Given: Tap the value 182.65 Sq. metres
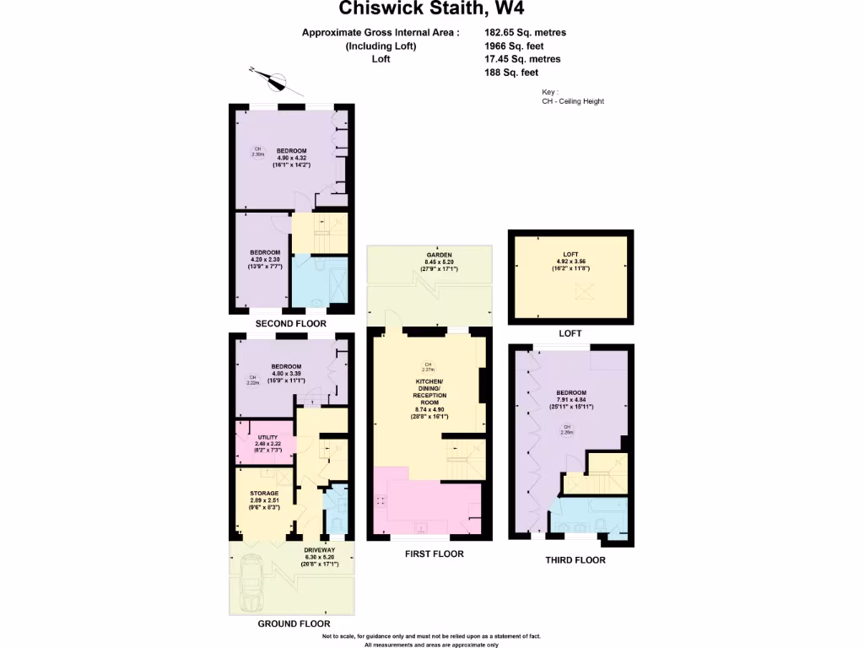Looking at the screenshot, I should (525, 33).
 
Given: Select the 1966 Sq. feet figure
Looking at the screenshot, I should (515, 46).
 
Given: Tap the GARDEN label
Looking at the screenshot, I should (439, 255).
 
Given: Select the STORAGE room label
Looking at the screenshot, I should (264, 494).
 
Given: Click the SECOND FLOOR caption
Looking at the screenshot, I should (292, 324).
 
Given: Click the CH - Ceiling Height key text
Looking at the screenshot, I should (573, 101).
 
